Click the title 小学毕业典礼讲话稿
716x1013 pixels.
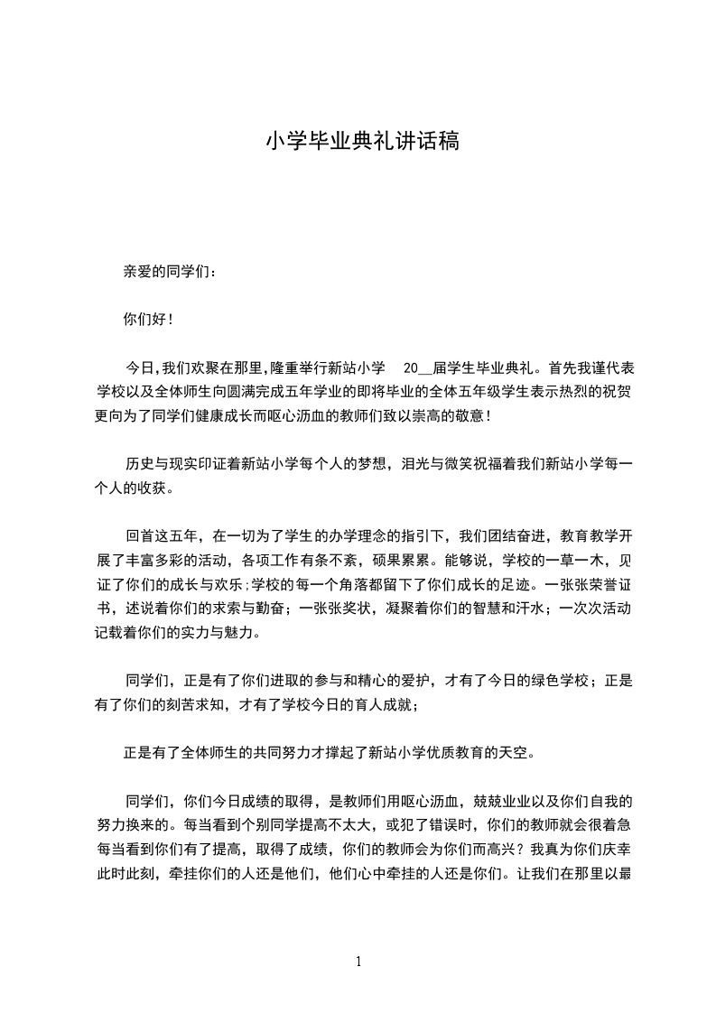(x=362, y=142)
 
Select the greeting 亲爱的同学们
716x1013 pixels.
(x=166, y=272)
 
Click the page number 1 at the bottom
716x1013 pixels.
(x=358, y=962)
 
